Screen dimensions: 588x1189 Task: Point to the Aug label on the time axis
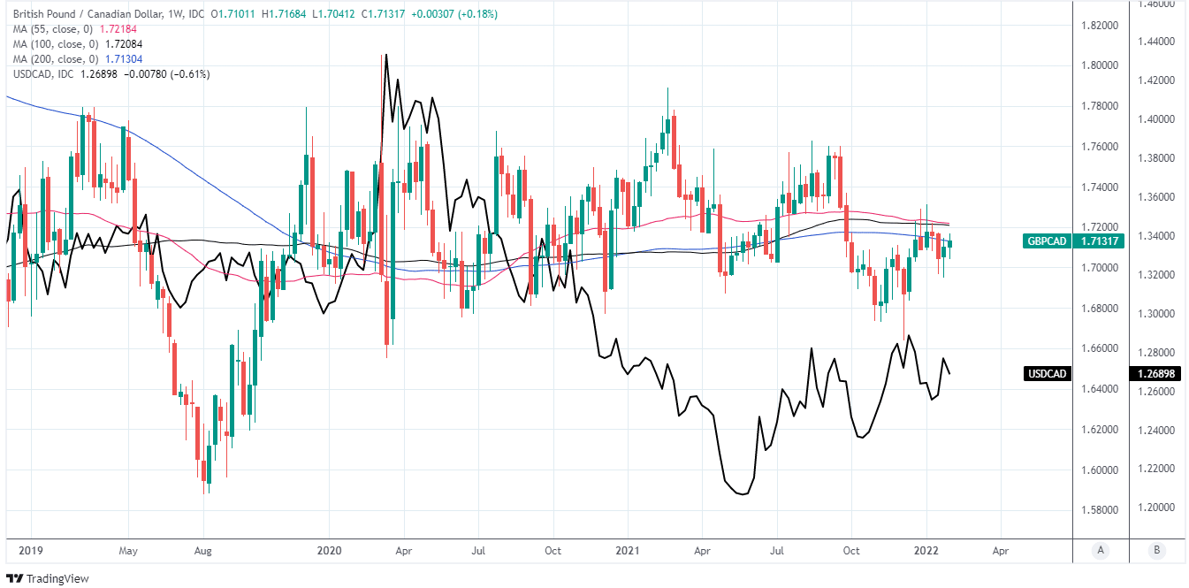point(202,550)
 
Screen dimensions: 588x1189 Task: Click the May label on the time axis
point(127,550)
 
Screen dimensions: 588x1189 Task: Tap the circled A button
point(1101,550)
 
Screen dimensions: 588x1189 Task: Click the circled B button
point(1156,550)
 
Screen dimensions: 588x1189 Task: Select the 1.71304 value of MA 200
point(125,59)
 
